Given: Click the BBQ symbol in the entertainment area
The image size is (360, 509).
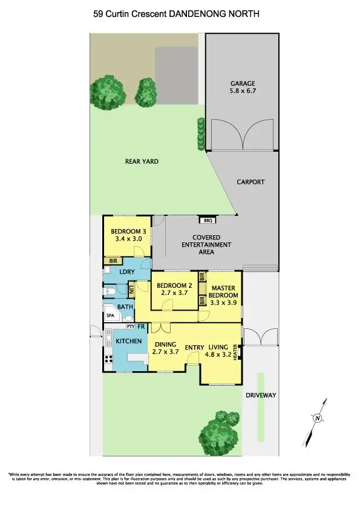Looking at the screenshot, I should pos(207,221).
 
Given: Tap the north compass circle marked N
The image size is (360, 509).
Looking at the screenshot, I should pos(316,417).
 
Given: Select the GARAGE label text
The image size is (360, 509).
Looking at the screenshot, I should pos(242,83).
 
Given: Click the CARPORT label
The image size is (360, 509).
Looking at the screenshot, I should pos(250,181).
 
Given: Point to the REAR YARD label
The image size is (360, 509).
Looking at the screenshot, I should pos(142,161).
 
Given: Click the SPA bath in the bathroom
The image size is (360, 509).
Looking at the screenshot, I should pos(111,316).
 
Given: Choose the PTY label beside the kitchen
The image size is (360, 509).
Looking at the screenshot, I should pos(130,326).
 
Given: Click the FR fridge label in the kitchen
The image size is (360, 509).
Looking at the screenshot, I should pos(140,326).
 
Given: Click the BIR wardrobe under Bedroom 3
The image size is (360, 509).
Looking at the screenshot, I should pos(113,261).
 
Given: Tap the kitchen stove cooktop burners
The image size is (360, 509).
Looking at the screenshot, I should pos(109,360).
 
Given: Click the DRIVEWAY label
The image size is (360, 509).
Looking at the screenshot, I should pos(261,395).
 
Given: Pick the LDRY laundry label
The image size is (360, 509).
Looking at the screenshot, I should pos(126,271).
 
